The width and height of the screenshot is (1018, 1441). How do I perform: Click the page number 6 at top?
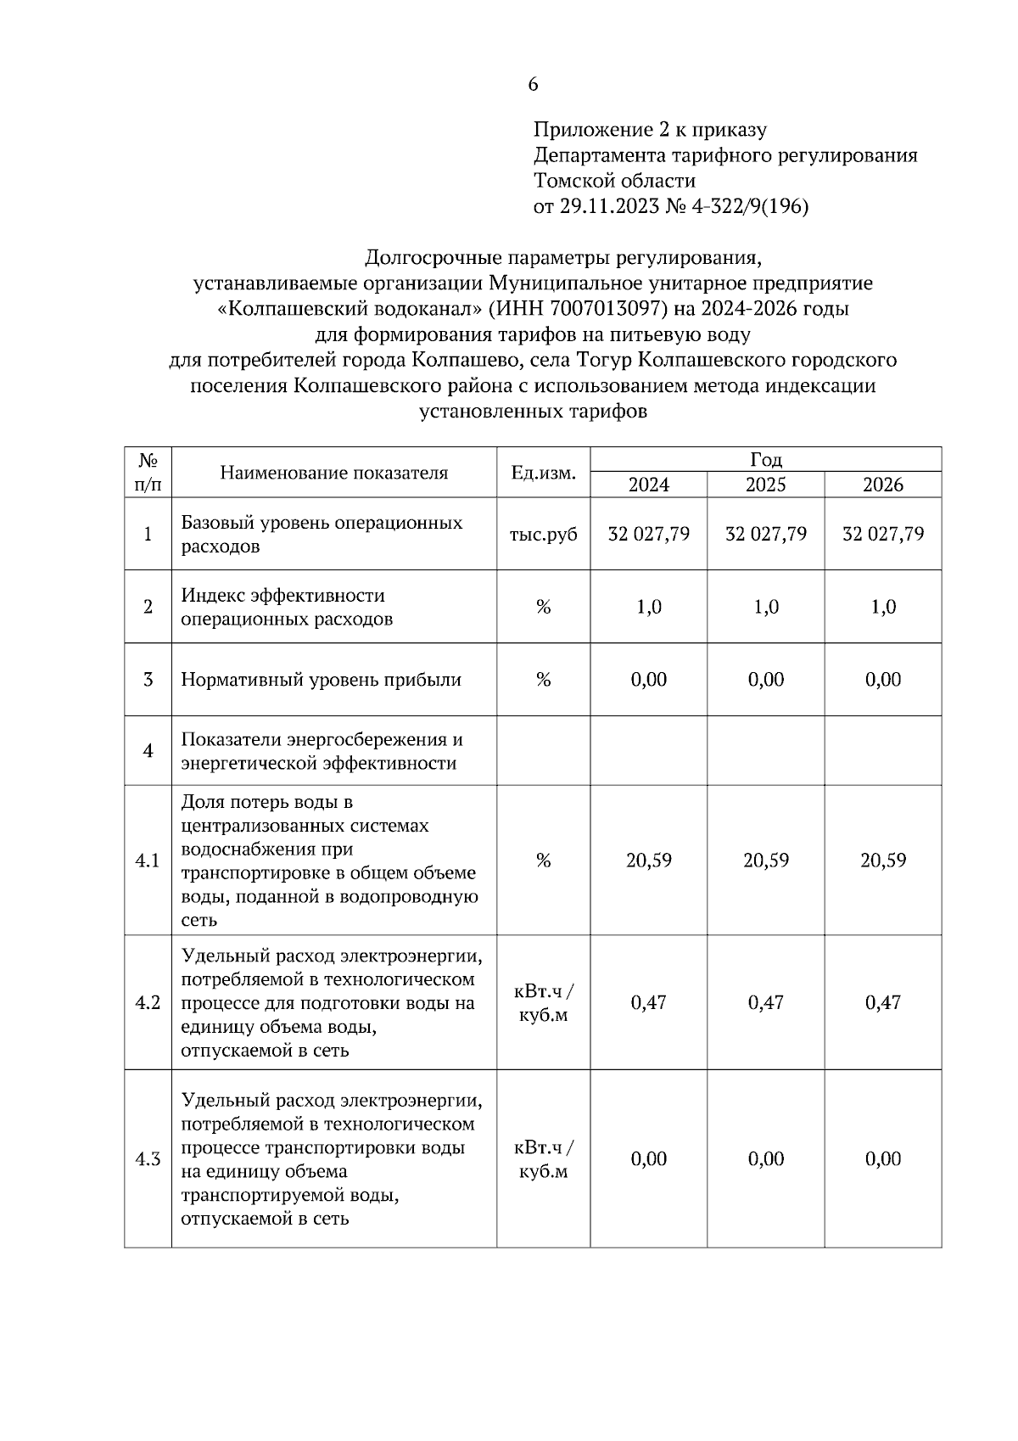[533, 84]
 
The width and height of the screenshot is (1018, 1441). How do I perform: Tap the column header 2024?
[648, 485]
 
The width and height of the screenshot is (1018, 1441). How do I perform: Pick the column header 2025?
[765, 485]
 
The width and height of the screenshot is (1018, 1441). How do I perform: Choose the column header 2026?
[882, 485]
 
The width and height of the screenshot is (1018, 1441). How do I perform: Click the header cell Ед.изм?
[543, 473]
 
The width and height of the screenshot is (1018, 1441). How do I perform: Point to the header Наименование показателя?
[333, 473]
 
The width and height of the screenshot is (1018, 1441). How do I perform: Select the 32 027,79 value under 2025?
[765, 534]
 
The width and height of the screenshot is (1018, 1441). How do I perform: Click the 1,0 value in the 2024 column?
[648, 607]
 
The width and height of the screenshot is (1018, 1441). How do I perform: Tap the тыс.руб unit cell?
[543, 534]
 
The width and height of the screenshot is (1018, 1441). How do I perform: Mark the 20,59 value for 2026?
[882, 861]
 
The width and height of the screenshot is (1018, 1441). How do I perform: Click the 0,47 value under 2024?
[648, 1002]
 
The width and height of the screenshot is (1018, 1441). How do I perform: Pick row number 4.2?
[148, 1002]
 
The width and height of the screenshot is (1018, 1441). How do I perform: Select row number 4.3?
[148, 1158]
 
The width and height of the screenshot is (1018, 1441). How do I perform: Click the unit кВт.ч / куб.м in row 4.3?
[543, 1159]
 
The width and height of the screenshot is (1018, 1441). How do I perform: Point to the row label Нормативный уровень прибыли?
[321, 680]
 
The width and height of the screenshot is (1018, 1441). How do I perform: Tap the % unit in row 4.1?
[543, 861]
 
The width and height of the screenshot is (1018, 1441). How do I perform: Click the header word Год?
[765, 459]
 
